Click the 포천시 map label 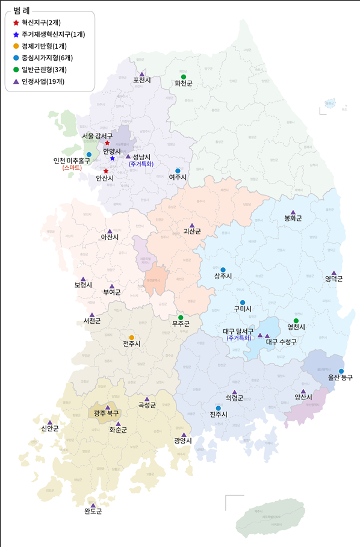(x=143, y=79)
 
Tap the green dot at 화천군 (x=184, y=76)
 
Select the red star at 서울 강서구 (x=107, y=143)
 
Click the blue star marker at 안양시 (x=112, y=158)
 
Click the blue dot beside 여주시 (x=178, y=171)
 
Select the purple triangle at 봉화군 (x=293, y=212)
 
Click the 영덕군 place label (x=334, y=279)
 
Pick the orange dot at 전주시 (x=132, y=337)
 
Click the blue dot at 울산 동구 (x=341, y=371)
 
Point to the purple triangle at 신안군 (x=50, y=422)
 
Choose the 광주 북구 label (x=107, y=413)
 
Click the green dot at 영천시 (x=296, y=321)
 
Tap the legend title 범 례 (x=22, y=10)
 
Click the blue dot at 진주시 (x=219, y=408)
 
